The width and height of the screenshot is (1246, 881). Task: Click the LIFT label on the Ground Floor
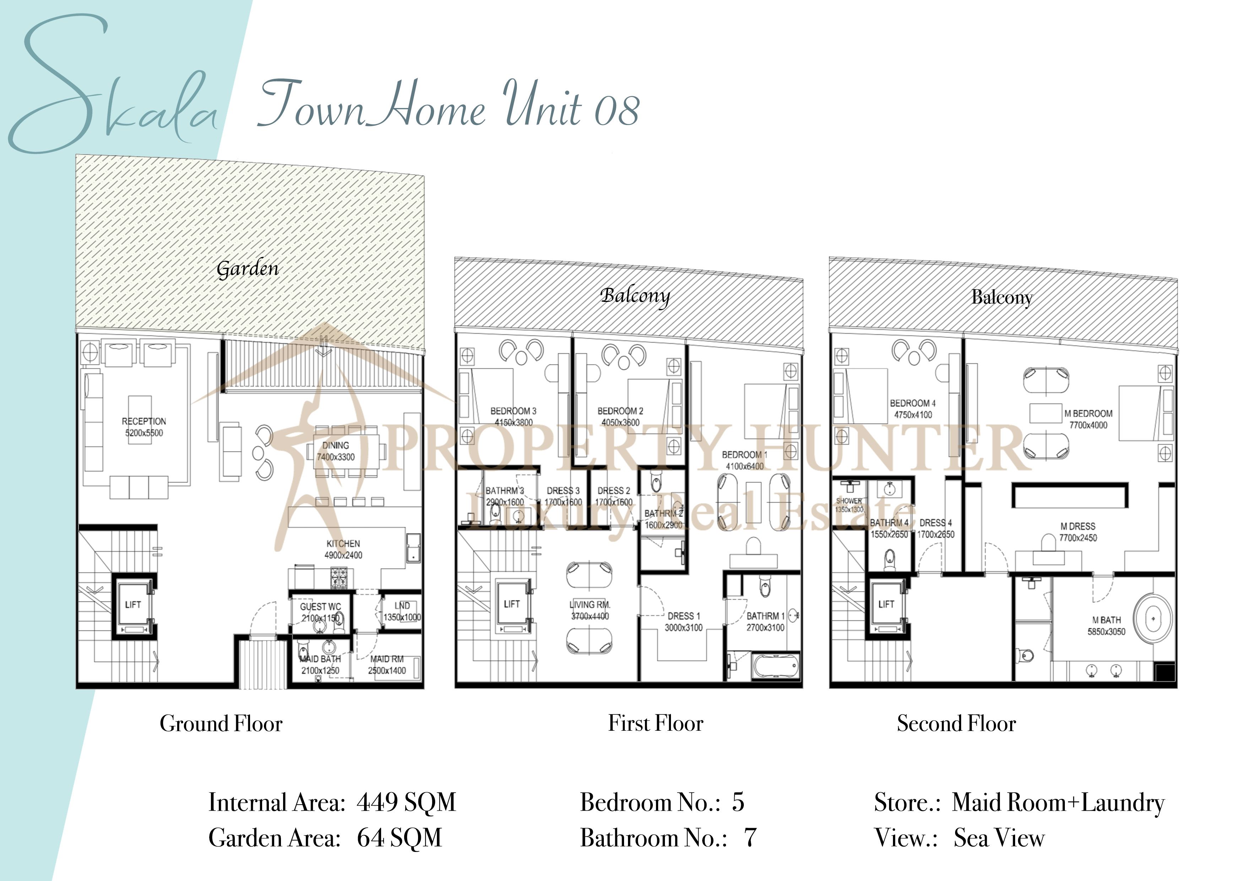pos(132,604)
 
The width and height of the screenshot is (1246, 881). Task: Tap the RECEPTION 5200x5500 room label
pos(144,427)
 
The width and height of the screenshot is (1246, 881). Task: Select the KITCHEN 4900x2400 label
pos(343,549)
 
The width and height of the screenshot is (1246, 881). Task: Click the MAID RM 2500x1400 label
pos(387,664)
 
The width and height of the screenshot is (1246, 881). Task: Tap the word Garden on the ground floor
pos(248,268)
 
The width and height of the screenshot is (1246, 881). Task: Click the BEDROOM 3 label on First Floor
pos(513,416)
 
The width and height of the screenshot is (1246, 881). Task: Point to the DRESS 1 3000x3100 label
pos(684,622)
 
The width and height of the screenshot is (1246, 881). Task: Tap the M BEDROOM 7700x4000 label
pos(1088,419)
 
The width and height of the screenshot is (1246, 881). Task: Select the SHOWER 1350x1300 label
pos(849,505)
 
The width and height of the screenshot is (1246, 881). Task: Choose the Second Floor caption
pos(956,724)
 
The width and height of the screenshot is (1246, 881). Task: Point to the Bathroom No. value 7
pos(750,838)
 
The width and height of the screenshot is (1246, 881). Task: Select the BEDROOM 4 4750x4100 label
pos(913,409)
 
